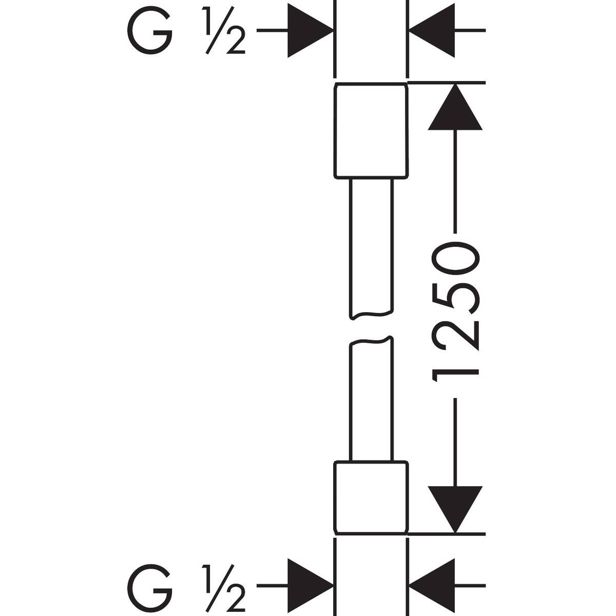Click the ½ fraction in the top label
tap(223, 31)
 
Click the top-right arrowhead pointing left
tap(432, 31)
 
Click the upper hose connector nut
tap(371, 130)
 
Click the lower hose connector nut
tap(371, 497)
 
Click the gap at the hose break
tap(371, 328)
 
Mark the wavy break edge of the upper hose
tap(371, 314)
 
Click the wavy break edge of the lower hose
tap(371, 341)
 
